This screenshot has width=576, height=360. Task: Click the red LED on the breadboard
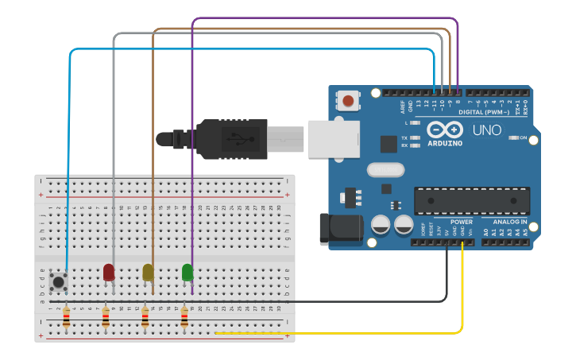coord(109,272)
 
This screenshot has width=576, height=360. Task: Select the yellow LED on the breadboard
coord(148,272)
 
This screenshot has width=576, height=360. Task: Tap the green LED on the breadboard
coord(187,272)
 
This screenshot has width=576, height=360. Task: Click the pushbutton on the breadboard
coord(57,281)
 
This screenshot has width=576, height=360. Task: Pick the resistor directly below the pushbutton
coord(66,319)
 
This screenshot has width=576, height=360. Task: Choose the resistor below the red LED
coord(106,319)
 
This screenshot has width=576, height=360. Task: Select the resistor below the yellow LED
coord(145,319)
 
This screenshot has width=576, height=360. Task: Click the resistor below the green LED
coord(184,319)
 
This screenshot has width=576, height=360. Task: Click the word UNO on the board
coord(487,130)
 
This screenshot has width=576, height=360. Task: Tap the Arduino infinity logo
coord(443,129)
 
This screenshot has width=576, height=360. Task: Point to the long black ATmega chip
coord(472,201)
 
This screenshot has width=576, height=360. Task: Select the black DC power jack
coord(339,229)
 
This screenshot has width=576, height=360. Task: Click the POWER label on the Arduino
coord(461,222)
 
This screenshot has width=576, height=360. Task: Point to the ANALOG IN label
coord(509,222)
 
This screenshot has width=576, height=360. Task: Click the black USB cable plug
coord(230,138)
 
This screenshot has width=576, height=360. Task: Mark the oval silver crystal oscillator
coord(386,169)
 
